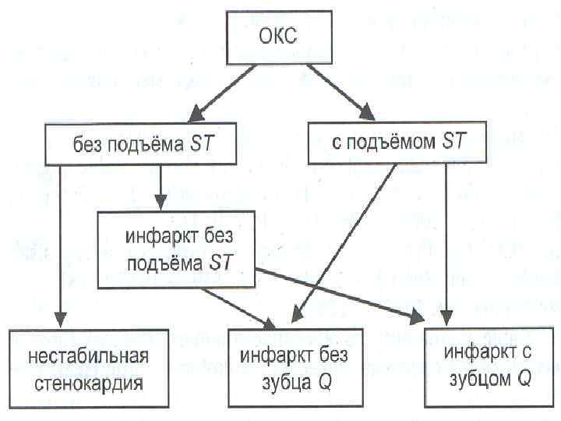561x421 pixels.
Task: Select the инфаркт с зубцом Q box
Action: [x=489, y=366]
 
